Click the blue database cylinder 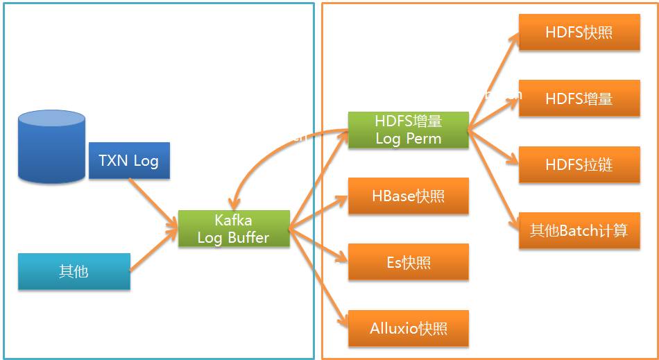pyautogui.click(x=52, y=146)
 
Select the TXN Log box pyautogui.click(x=129, y=161)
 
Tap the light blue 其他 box pyautogui.click(x=74, y=271)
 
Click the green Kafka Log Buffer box pyautogui.click(x=234, y=229)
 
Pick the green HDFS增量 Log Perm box pyautogui.click(x=409, y=130)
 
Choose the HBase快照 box pyautogui.click(x=409, y=196)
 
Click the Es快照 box pyautogui.click(x=409, y=262)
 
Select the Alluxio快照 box pyautogui.click(x=409, y=328)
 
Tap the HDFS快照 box pyautogui.click(x=579, y=32)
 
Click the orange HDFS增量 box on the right pyautogui.click(x=579, y=98)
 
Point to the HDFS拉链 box pyautogui.click(x=579, y=165)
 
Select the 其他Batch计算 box pyautogui.click(x=579, y=231)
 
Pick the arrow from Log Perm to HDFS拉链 pyautogui.click(x=494, y=146)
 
